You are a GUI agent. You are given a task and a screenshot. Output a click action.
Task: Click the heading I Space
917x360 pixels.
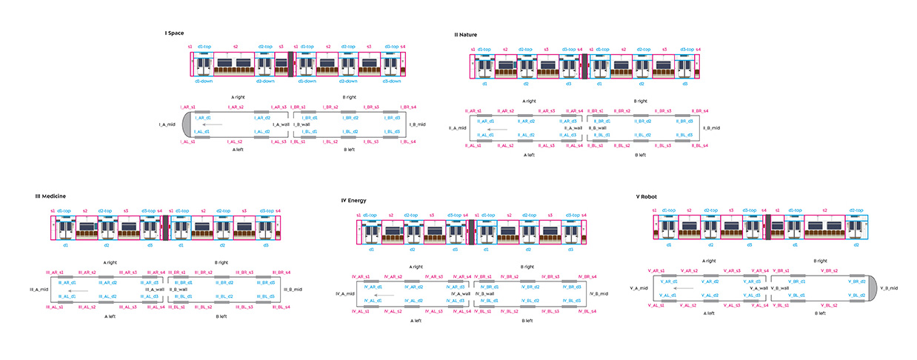tap(174, 33)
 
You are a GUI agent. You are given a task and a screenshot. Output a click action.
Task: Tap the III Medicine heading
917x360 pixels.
tap(50, 196)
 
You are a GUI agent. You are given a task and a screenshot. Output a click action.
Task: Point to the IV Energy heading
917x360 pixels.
tap(355, 200)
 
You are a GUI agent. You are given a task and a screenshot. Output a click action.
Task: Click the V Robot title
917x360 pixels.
tap(649, 197)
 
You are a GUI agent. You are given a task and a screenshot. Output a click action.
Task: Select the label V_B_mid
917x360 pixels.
tap(889, 287)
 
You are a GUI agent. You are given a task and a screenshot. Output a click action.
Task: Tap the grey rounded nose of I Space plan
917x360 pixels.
tap(186, 124)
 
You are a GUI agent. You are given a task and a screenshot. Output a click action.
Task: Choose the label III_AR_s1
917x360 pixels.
tap(56, 273)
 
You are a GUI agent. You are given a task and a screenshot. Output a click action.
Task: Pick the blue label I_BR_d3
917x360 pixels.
tap(392, 117)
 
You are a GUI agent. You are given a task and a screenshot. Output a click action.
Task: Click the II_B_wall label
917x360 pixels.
tap(598, 127)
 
